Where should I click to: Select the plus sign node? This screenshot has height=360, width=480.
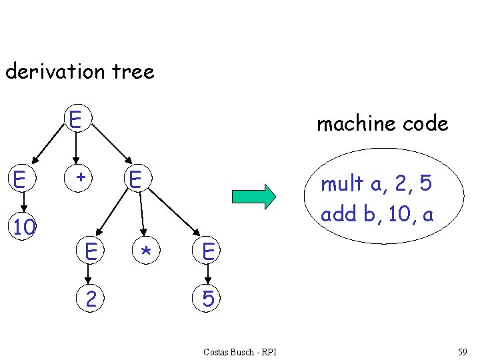[x=80, y=177]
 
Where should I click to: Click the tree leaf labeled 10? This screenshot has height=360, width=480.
[x=25, y=227]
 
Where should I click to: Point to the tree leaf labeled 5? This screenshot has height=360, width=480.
[x=208, y=299]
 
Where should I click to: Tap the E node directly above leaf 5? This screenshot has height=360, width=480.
[x=208, y=251]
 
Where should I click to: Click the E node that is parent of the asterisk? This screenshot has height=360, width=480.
[x=135, y=179]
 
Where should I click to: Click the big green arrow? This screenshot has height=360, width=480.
[x=253, y=197]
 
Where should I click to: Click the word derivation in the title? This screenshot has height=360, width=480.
[x=52, y=71]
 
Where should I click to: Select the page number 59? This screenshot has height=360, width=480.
[x=463, y=351]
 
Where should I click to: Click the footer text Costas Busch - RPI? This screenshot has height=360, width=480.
[x=240, y=351]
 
